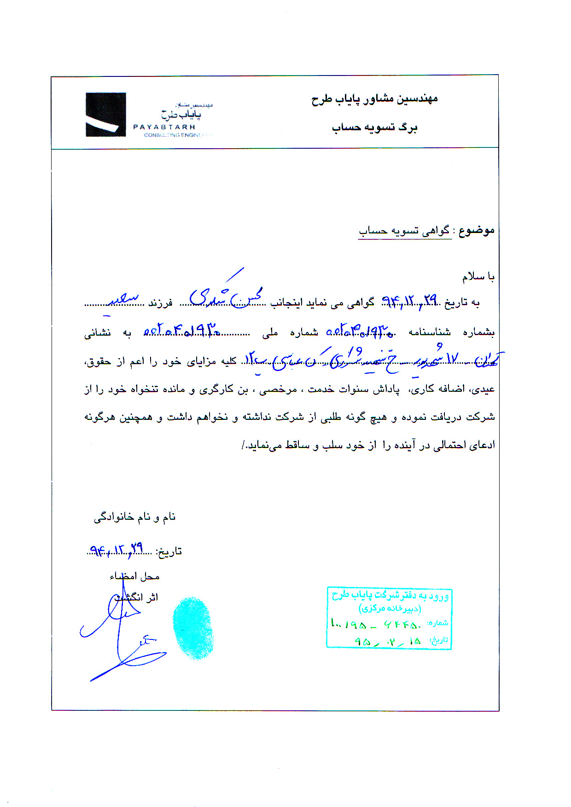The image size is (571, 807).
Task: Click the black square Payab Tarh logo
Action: tap(105, 115)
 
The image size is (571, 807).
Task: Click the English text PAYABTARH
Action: tap(164, 127)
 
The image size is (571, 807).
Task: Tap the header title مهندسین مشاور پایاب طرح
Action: tap(374, 99)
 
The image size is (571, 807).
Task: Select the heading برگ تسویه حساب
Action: tap(374, 128)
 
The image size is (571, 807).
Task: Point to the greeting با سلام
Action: tap(478, 277)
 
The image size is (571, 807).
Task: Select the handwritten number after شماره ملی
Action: tap(182, 331)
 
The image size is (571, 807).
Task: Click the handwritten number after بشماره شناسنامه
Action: tap(359, 331)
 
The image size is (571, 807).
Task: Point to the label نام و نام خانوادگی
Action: tap(135, 517)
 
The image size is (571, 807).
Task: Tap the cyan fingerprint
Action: tap(193, 628)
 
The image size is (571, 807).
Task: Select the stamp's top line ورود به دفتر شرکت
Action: tap(390, 596)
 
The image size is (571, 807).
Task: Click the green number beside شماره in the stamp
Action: tap(376, 625)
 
